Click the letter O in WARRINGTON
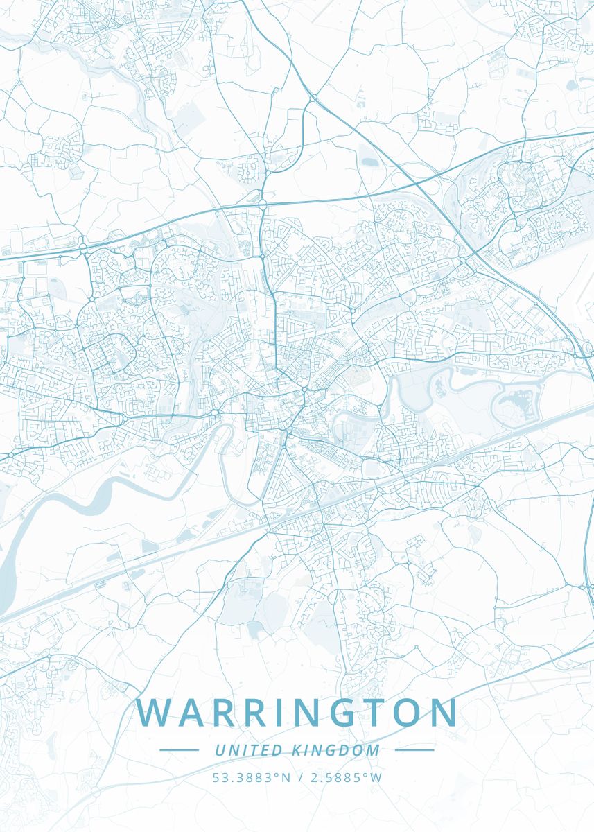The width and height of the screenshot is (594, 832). pos(406,713)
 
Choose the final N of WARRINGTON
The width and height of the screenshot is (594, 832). pos(443,713)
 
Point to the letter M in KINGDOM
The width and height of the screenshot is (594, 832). pos(374,750)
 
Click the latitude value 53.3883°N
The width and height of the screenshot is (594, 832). pos(252,777)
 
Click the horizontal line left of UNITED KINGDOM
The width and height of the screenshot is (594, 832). pos(179,749)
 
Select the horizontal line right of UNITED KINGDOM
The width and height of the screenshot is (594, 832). pos(414,749)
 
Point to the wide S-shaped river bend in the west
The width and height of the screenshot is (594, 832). pos(104,496)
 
